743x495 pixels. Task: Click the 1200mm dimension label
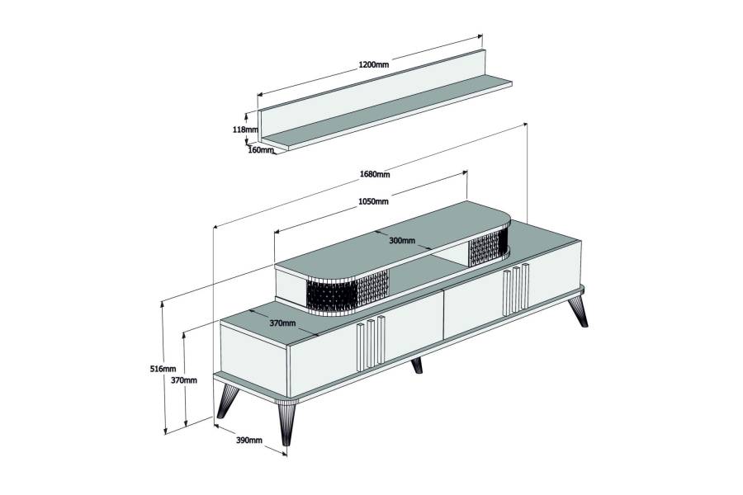pos(373,64)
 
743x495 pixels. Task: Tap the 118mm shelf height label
pos(245,130)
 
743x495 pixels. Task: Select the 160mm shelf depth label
pos(261,150)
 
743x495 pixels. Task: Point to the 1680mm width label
pos(374,174)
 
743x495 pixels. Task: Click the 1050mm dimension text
pos(373,201)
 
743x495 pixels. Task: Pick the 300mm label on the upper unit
pos(402,241)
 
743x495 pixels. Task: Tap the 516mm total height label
pos(163,369)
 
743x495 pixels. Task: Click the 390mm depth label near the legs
pos(248,440)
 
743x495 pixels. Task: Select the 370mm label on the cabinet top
pos(282,323)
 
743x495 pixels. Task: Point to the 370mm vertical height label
pos(184,379)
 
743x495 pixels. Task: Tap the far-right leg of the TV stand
pos(578,311)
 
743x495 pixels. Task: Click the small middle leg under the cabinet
pos(417,365)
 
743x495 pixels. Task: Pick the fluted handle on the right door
pos(516,289)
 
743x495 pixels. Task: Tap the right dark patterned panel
pos(488,245)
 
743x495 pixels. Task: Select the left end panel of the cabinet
pos(253,356)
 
